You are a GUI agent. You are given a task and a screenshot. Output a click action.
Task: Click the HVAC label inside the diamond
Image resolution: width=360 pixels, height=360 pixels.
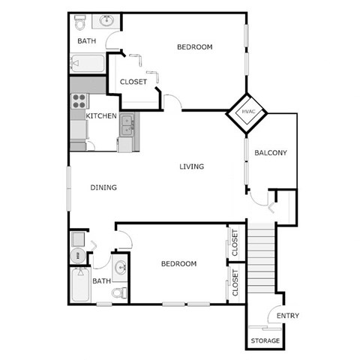click(249, 112)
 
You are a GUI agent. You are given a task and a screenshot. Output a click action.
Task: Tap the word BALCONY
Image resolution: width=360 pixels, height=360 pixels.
click(271, 153)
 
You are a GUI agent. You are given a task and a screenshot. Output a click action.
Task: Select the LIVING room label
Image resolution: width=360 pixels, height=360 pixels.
click(192, 166)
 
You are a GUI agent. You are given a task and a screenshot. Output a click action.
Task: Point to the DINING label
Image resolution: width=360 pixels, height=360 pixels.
click(103, 187)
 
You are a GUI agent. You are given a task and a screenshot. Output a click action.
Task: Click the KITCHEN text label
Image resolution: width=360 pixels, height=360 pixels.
click(100, 116)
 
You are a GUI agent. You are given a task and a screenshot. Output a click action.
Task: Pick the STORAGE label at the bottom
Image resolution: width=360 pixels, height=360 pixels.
click(265, 340)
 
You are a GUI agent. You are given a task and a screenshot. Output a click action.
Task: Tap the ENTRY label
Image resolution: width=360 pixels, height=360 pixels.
click(288, 316)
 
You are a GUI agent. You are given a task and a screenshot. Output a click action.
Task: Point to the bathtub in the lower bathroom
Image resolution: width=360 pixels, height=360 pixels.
click(79, 286)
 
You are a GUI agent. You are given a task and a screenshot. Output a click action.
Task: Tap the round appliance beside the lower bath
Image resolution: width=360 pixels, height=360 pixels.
click(77, 256)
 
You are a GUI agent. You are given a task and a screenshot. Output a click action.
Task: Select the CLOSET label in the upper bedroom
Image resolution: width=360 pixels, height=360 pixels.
click(133, 82)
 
